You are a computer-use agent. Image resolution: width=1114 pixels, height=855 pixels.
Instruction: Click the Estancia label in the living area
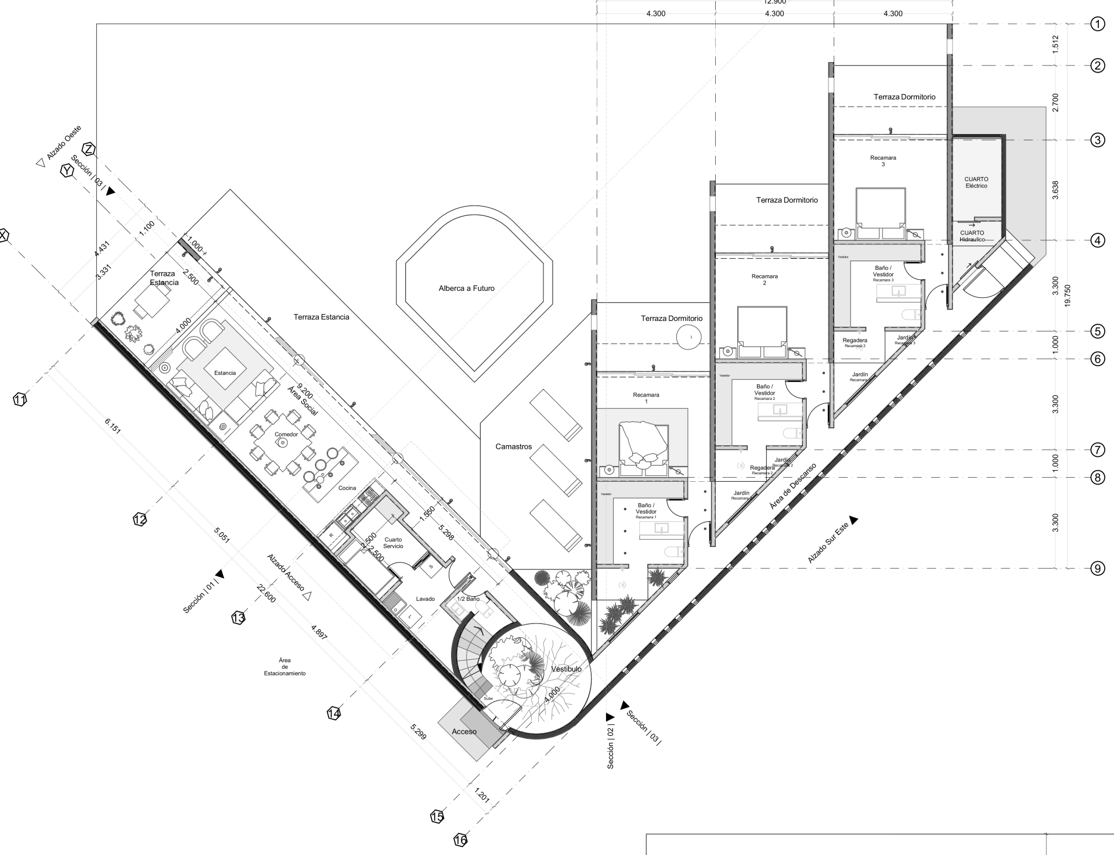pyautogui.click(x=225, y=373)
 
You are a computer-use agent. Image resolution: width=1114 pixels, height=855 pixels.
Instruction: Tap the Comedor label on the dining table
pyautogui.click(x=286, y=434)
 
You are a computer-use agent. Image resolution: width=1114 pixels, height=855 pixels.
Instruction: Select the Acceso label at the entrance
pyautogui.click(x=464, y=731)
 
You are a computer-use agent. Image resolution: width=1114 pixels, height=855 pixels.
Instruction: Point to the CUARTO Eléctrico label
pyautogui.click(x=976, y=182)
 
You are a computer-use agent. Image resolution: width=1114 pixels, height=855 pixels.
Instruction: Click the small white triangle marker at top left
pyautogui.click(x=40, y=163)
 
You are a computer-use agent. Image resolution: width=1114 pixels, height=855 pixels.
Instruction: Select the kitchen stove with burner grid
pyautogui.click(x=369, y=496)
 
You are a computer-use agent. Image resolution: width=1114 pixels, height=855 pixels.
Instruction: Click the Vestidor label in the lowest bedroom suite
pyautogui.click(x=606, y=494)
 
